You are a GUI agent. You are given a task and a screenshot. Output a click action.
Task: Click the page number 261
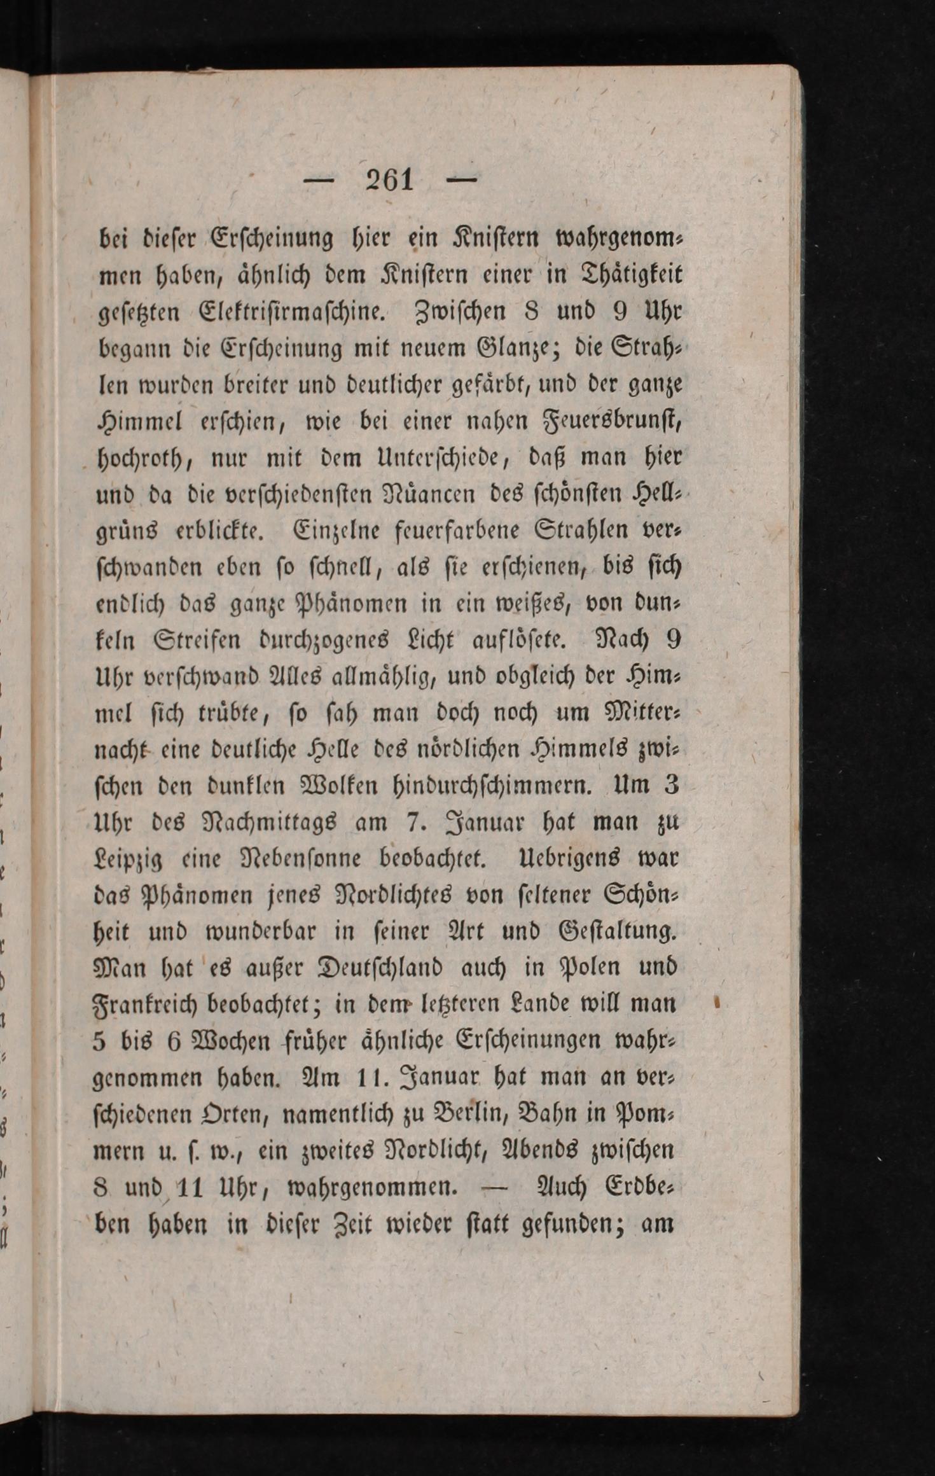pyautogui.click(x=389, y=181)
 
